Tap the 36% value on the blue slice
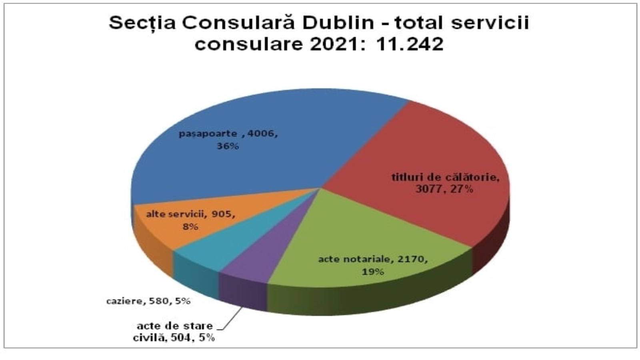tap(228, 146)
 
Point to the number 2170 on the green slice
tap(412, 259)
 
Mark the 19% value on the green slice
tap(373, 272)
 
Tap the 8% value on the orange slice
tap(190, 227)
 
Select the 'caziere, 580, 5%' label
tap(148, 301)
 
